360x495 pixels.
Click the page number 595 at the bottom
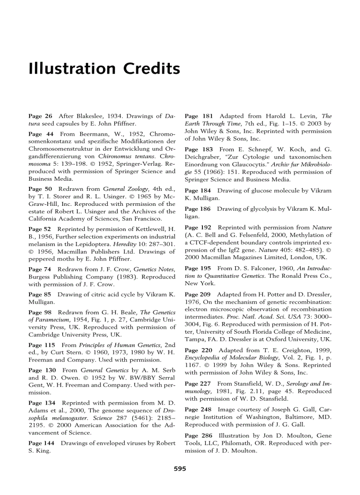(x=180, y=469)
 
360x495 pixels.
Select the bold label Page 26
(x=40, y=116)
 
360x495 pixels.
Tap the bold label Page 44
(x=40, y=134)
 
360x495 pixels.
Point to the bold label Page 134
(x=41, y=403)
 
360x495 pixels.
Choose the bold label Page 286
(x=198, y=436)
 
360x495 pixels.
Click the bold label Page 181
(x=198, y=116)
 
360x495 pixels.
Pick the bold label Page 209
(x=198, y=294)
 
